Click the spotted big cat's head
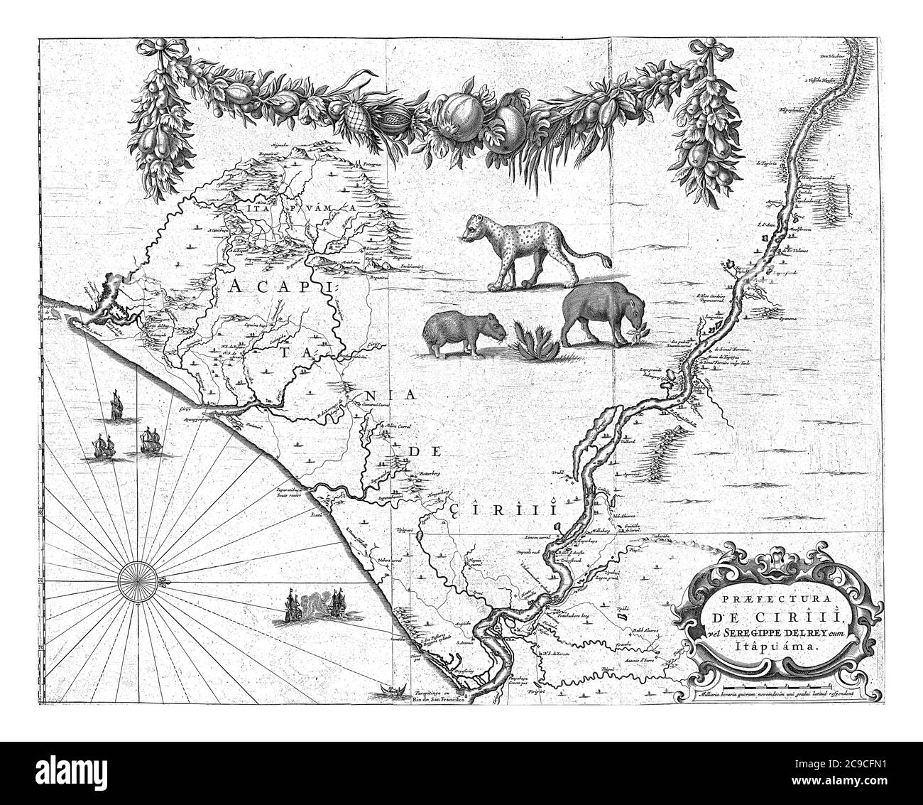point(474,229)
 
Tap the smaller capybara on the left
point(464,333)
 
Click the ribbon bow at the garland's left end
point(155,52)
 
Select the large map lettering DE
point(416,452)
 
